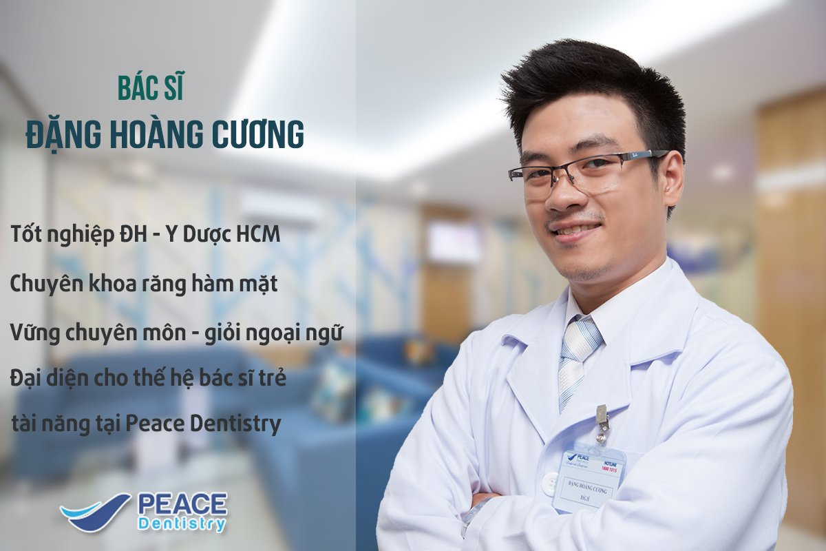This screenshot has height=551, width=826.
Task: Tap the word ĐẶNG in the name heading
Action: pyautogui.click(x=60, y=136)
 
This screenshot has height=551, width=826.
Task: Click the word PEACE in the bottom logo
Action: pyautogui.click(x=182, y=505)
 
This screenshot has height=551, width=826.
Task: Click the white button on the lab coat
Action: pyautogui.click(x=549, y=484)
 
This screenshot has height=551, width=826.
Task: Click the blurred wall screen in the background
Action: pyautogui.click(x=454, y=242)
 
